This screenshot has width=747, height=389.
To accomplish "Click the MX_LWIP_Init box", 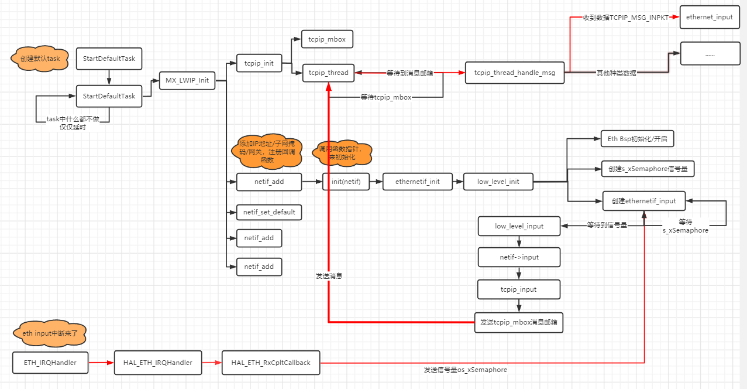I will tap(187, 80).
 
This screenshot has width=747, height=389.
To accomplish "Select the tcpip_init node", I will tap(259, 63).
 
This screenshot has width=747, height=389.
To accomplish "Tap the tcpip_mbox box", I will tap(327, 39).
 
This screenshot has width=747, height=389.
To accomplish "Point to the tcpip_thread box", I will tap(328, 73).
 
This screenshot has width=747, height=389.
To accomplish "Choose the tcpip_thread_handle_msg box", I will tap(515, 73).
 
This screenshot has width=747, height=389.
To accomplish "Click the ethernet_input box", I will tap(709, 17).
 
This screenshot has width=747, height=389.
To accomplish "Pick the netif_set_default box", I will tap(269, 211).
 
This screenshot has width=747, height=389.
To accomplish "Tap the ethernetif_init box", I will tap(418, 182).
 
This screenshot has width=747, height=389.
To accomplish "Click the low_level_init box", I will tap(498, 182).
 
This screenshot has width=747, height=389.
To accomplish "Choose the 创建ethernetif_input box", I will tap(643, 201).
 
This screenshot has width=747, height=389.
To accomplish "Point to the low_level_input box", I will tap(519, 226).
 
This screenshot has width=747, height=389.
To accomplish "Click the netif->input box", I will tap(519, 257).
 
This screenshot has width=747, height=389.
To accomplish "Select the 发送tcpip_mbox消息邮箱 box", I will tap(518, 322).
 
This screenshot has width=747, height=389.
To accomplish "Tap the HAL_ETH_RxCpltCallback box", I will tap(271, 363).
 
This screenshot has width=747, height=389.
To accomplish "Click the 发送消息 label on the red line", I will tap(329, 275).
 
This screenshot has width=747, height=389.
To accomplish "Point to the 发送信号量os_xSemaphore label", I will tap(465, 370).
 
